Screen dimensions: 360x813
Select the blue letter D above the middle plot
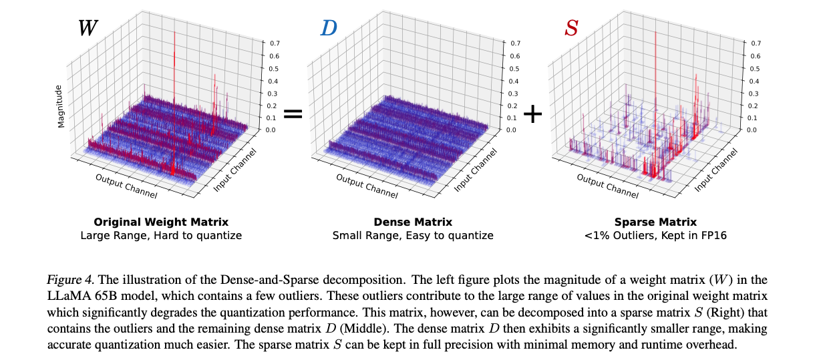click(329, 27)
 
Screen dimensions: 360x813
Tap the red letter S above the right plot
click(571, 27)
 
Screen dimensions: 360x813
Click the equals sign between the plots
click(293, 114)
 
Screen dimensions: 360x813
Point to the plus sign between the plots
click(533, 114)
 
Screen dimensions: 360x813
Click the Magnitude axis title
click(61, 106)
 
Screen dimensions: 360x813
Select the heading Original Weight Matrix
click(160, 222)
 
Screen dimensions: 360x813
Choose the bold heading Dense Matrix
click(412, 222)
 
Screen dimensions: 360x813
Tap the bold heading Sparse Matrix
click(655, 222)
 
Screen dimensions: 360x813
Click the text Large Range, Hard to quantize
click(160, 235)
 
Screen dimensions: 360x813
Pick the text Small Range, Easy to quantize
click(412, 235)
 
